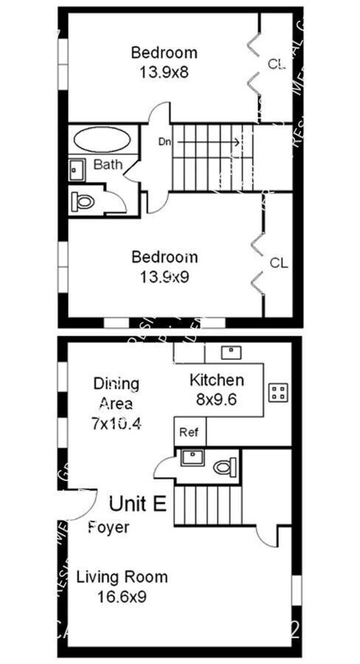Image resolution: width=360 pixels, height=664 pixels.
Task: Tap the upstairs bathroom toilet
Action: (83, 200)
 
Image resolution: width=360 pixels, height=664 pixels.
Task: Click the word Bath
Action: (108, 165)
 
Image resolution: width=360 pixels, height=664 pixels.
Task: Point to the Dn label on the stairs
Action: (165, 141)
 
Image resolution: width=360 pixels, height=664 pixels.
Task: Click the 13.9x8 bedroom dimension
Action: (164, 72)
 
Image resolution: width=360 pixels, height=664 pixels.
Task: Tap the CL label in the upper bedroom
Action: (276, 65)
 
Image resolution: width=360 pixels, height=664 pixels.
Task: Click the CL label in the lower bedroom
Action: (278, 263)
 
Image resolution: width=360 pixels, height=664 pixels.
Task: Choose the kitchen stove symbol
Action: (278, 392)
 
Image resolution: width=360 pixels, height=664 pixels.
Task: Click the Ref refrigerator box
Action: (190, 432)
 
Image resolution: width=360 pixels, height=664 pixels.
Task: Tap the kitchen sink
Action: (232, 352)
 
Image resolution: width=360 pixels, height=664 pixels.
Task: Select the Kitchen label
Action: (217, 381)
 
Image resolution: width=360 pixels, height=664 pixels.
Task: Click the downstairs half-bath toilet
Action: (223, 466)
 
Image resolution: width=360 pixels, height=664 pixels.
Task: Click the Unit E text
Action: (138, 504)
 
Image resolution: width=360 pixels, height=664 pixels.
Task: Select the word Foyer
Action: (108, 528)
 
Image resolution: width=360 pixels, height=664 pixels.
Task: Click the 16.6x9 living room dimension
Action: (122, 596)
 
